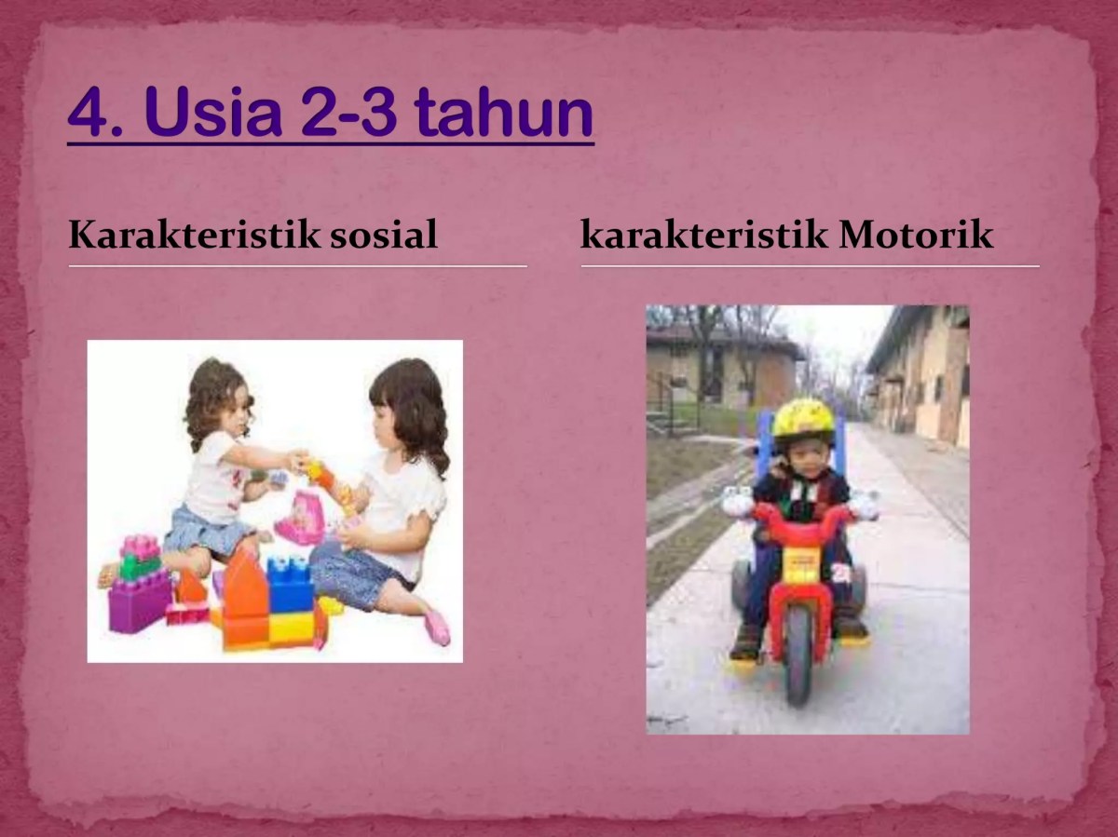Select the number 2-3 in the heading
[x=349, y=113]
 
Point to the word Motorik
[x=916, y=236]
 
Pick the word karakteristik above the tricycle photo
[x=703, y=236]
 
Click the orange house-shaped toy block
[x=244, y=596]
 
